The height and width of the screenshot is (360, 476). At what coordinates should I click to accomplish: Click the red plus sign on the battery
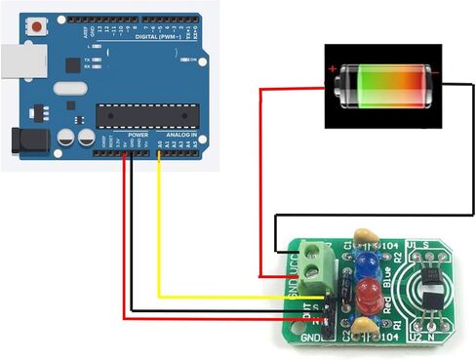(334, 69)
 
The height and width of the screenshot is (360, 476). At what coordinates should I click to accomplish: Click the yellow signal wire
(159, 234)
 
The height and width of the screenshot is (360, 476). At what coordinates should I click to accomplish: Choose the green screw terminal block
(316, 261)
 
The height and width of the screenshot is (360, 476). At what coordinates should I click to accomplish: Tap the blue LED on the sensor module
(368, 263)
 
